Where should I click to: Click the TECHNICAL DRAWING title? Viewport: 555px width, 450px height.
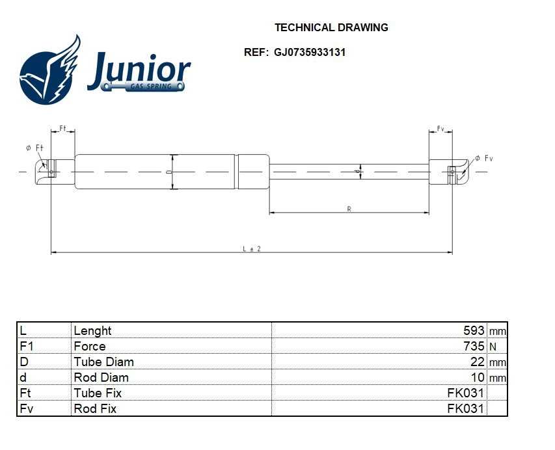tap(331, 27)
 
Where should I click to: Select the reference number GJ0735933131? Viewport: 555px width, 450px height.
tap(310, 52)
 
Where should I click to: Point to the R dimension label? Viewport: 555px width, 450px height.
tap(349, 209)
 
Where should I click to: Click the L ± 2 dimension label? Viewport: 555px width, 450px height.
tap(252, 249)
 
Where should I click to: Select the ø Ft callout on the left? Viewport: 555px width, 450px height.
tap(34, 148)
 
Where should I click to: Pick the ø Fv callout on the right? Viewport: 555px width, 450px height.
tap(484, 158)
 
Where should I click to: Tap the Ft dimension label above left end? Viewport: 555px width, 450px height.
tap(63, 128)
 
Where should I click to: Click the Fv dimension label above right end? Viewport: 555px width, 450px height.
tap(440, 129)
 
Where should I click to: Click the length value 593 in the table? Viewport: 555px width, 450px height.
tap(473, 330)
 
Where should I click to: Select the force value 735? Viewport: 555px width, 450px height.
tap(473, 346)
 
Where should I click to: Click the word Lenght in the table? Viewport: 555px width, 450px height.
tap(92, 330)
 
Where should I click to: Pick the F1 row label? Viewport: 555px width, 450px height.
tap(26, 346)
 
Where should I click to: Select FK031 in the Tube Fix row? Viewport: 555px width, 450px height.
tap(465, 393)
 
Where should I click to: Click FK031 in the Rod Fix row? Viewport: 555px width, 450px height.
tap(465, 408)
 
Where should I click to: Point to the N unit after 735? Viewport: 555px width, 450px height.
tap(492, 347)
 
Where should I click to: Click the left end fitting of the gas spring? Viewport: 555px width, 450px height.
tap(52, 172)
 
